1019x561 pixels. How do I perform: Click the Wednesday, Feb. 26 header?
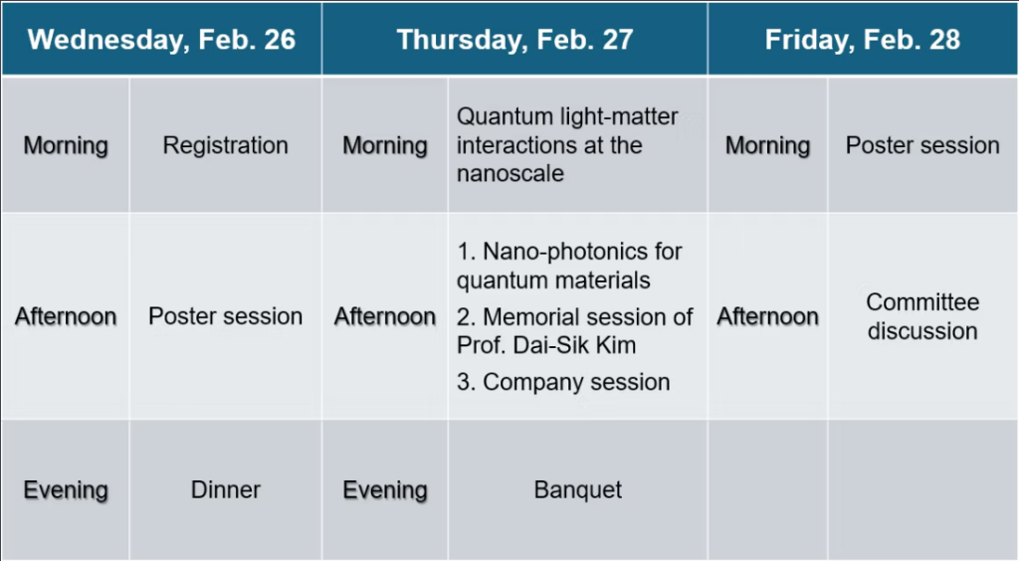click(161, 40)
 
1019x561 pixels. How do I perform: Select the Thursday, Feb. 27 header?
click(514, 40)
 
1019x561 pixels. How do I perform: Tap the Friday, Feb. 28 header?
click(863, 40)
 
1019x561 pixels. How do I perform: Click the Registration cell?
click(226, 145)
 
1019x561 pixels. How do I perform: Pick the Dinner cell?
click(226, 489)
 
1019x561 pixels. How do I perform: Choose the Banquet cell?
click(578, 489)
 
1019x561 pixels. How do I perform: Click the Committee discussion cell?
click(922, 316)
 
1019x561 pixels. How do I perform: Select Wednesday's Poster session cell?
click(226, 316)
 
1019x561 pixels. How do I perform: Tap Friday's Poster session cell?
click(922, 145)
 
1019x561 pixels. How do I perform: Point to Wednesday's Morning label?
click(66, 145)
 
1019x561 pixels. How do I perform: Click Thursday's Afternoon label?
click(385, 316)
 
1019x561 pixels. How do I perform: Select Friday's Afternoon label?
click(767, 316)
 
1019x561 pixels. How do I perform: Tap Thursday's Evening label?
click(385, 490)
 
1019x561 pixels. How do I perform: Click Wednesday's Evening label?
click(66, 490)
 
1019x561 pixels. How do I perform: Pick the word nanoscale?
click(510, 174)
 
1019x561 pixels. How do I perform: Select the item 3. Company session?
click(563, 382)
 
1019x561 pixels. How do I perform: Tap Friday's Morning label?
click(767, 145)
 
